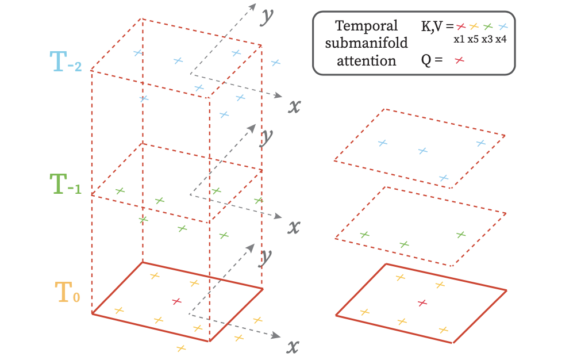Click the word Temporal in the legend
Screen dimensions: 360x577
[x=366, y=26]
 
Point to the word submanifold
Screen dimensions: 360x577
[x=367, y=43]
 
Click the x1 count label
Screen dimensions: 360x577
[x=459, y=39]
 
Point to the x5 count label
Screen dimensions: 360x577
[x=474, y=39]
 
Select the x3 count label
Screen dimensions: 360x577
[x=488, y=39]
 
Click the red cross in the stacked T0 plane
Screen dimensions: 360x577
[x=176, y=301]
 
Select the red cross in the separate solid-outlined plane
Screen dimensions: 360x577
[x=422, y=302]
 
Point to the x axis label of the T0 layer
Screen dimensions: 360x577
[x=293, y=346]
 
